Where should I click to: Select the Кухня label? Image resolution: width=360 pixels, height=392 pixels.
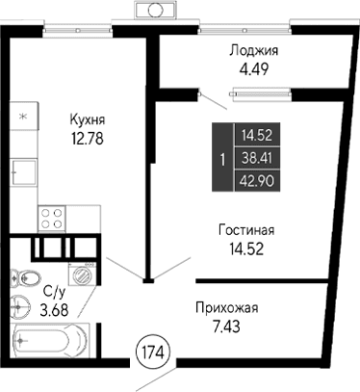click(87, 119)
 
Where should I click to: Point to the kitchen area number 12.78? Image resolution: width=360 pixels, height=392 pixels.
click(87, 137)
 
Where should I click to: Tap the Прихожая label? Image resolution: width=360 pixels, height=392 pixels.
click(226, 307)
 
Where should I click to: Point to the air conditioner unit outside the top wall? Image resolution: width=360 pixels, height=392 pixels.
click(154, 11)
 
